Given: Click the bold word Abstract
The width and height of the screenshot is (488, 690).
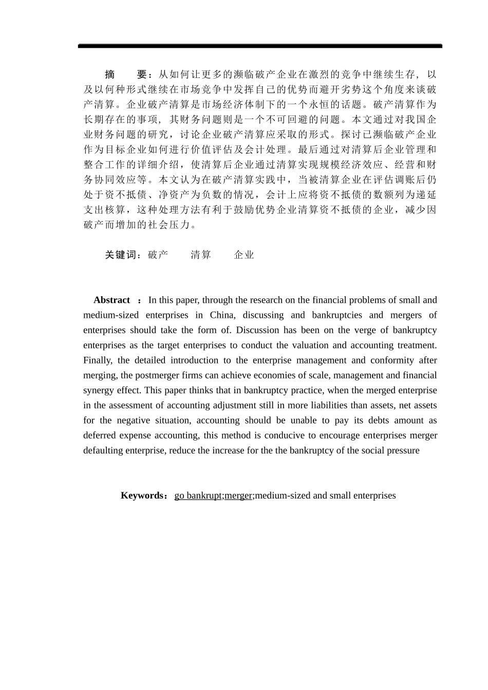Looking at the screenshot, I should tap(111, 300).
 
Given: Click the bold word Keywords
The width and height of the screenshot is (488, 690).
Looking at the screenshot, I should tap(142, 496).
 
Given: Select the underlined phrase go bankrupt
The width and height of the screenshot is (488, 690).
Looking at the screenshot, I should tap(198, 496).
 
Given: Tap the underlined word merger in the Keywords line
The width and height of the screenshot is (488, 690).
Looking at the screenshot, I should tap(238, 496).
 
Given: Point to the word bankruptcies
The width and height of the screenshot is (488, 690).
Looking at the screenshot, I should tap(337, 315).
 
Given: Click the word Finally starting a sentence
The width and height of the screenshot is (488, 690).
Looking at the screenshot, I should tap(98, 360).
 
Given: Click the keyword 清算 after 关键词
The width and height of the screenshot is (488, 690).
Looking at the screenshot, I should tap(200, 255).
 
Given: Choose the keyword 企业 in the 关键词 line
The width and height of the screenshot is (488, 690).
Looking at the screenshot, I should tap(243, 255).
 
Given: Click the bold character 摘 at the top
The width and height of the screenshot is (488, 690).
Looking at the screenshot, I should tap(109, 74).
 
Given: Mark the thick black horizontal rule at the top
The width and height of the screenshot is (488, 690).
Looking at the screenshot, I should tap(260, 46).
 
